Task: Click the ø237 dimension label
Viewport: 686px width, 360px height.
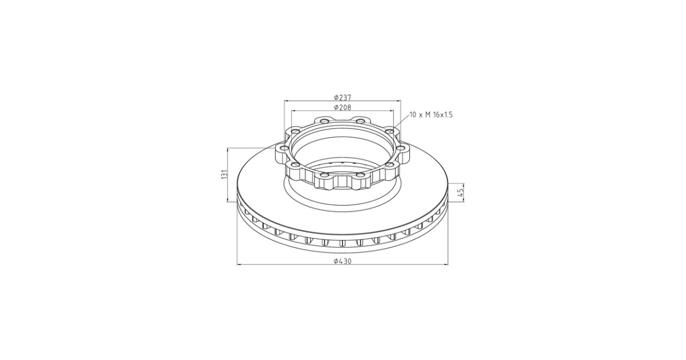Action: pos(342,97)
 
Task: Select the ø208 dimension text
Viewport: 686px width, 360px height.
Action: pos(342,107)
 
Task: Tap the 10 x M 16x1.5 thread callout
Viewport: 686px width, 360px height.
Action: pos(431,115)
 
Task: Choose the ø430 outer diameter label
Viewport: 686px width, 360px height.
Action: pos(342,261)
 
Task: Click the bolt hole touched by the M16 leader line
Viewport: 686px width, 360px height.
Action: pos(389,131)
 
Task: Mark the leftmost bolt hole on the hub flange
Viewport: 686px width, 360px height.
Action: pos(283,149)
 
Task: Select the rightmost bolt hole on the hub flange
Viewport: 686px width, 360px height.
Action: pos(401,149)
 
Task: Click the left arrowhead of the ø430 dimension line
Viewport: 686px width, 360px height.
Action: pos(240,265)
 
